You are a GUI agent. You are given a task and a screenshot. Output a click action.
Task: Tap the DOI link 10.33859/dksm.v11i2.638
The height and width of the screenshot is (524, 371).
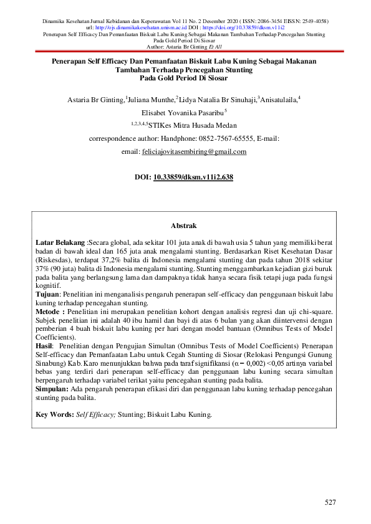(193, 178)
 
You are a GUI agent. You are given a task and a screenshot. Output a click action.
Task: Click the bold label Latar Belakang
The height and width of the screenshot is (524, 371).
(60, 241)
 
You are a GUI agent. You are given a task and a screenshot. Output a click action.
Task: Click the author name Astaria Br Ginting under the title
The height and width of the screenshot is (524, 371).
(95, 99)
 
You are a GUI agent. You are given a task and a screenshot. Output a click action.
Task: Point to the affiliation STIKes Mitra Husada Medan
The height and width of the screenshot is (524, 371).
(194, 125)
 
